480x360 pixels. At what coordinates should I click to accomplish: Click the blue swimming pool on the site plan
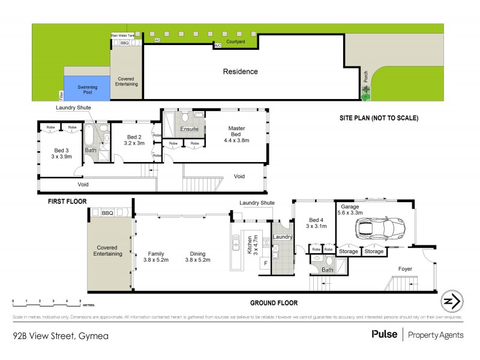(87, 88)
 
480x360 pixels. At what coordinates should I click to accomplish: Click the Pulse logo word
(385, 334)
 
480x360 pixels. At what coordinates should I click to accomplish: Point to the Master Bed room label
(236, 132)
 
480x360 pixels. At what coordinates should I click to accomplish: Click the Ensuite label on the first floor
(190, 129)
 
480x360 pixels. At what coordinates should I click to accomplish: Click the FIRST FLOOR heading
(68, 202)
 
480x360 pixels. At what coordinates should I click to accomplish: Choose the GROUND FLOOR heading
(273, 303)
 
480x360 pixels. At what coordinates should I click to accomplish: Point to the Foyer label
(406, 269)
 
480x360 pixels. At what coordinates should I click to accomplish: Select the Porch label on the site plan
(365, 77)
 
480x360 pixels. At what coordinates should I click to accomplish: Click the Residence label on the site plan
(241, 71)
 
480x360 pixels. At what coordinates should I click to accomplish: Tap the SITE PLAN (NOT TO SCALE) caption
(377, 118)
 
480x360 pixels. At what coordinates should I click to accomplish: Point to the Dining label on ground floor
(198, 253)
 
